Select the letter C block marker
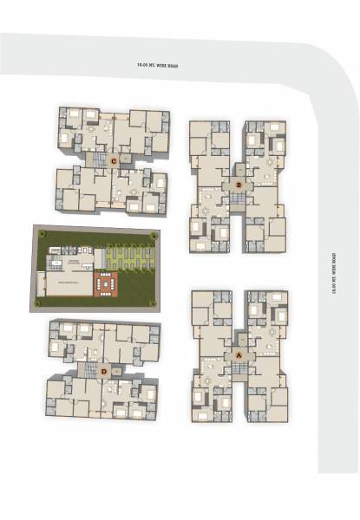(114, 160)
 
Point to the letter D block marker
(103, 373)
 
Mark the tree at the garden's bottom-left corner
(38, 306)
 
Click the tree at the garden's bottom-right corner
(153, 304)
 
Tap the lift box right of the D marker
(118, 372)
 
